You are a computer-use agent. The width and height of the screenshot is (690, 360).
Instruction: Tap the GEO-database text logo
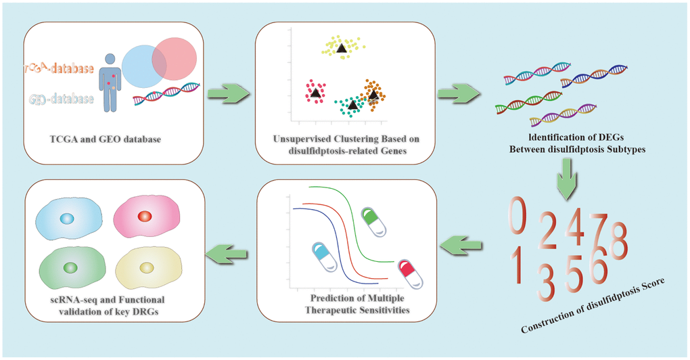[x=60, y=99]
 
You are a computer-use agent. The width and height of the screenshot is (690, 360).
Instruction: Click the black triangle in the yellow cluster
[x=341, y=47]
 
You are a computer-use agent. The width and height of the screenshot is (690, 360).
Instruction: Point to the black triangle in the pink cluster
[x=315, y=93]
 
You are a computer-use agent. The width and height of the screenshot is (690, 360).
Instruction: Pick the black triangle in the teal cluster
[x=352, y=104]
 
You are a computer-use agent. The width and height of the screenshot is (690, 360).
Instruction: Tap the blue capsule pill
[x=326, y=257]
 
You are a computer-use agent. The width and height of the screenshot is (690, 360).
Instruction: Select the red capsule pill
[x=410, y=273]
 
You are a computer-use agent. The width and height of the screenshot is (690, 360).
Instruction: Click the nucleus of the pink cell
[x=143, y=217]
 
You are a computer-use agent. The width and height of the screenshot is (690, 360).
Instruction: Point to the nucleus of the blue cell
[x=66, y=219]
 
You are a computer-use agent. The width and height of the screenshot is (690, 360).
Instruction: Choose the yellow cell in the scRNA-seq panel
[x=148, y=269]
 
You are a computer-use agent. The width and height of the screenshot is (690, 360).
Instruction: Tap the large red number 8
[x=618, y=236]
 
